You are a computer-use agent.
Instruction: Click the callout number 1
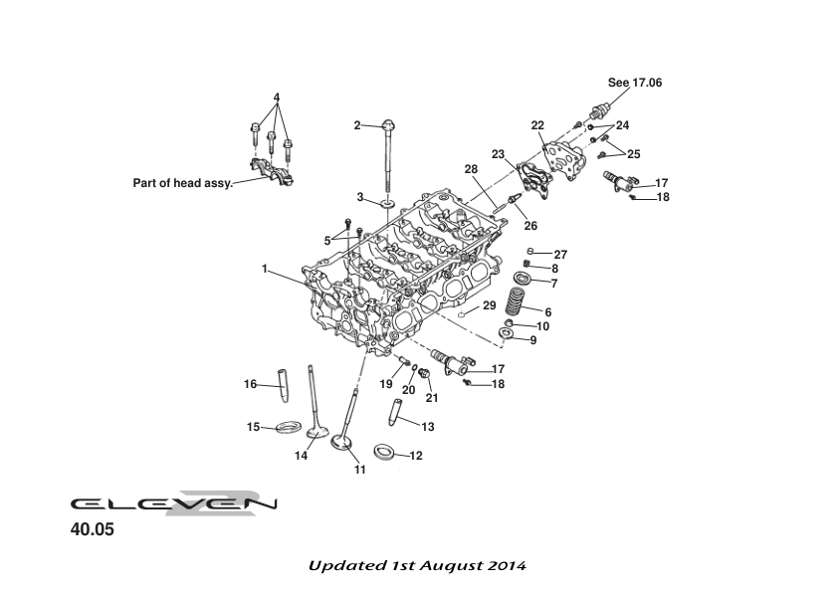coord(265,269)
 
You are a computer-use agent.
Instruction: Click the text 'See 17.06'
coord(634,84)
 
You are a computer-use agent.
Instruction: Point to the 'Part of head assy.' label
coord(182,183)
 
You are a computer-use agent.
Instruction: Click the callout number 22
coord(537,125)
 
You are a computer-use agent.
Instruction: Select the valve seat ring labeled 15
coord(289,428)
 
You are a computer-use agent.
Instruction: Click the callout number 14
coord(301,456)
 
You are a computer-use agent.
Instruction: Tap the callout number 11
coord(359,470)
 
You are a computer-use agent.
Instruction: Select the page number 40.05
coord(92,530)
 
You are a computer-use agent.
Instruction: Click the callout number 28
coord(471,169)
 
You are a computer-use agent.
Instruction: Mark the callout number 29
coord(489,305)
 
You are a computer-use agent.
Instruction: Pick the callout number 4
coord(277,98)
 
